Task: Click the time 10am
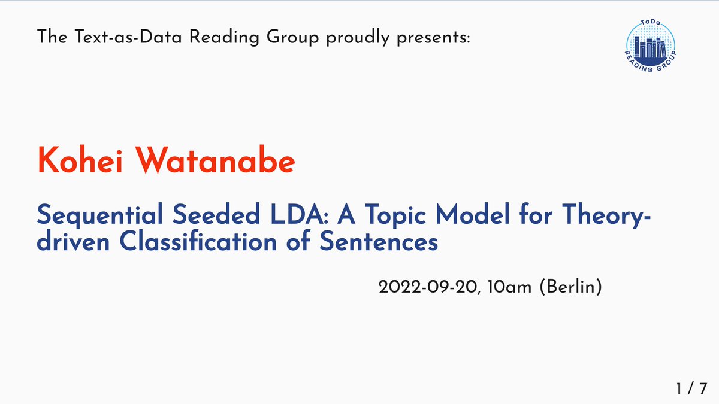509,287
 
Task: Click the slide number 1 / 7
693,389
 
